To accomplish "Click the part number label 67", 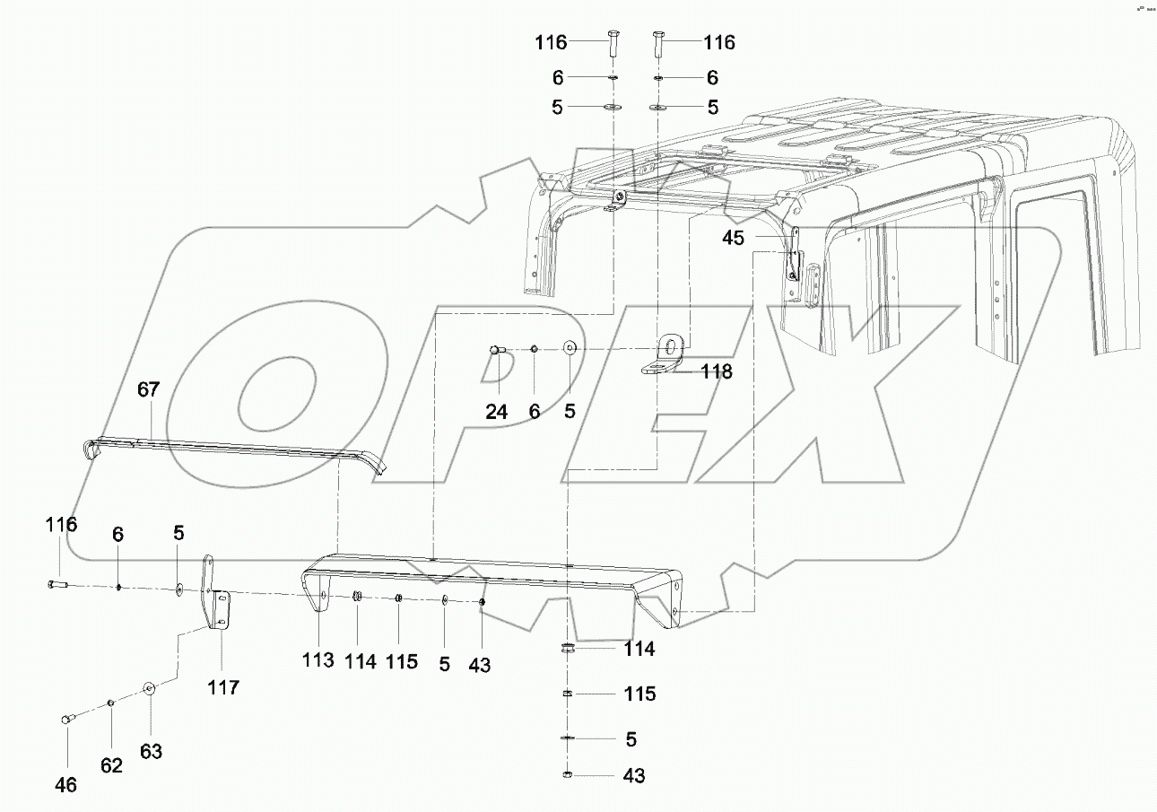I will coord(148,389).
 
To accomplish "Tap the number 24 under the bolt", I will coord(497,412).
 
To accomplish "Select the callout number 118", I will coord(717,371).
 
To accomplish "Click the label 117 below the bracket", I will coord(223,687).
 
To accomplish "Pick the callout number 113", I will coord(318,661).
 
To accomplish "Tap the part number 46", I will coord(65,785).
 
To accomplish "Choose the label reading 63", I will coord(151,751).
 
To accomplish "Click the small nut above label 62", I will coord(110,703).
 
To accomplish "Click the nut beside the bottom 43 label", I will coord(568,775).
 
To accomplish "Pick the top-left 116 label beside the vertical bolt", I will coord(551,42).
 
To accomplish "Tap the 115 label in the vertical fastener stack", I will coord(639,694).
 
